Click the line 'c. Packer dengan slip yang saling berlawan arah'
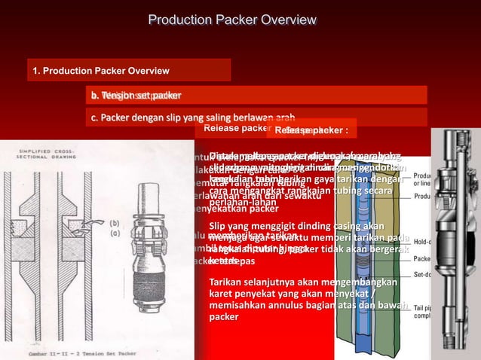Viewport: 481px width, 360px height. (x=191, y=117)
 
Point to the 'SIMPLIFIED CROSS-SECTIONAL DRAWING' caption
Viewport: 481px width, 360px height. (x=47, y=156)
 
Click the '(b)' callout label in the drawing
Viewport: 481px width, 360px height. (x=114, y=223)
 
